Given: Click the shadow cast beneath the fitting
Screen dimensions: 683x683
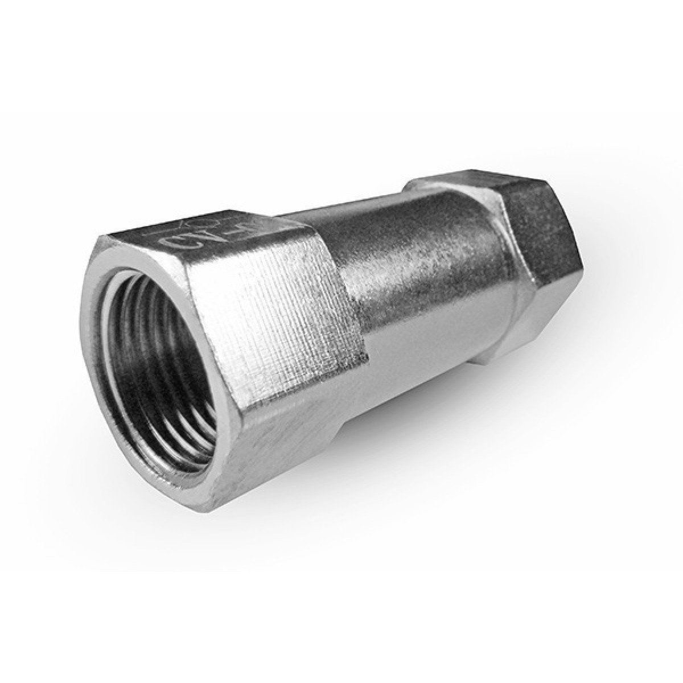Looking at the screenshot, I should click(x=398, y=455).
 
